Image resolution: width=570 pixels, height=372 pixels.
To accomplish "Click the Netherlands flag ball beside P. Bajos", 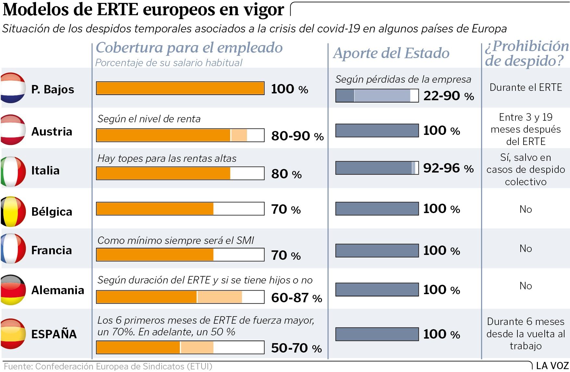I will (x=13, y=88).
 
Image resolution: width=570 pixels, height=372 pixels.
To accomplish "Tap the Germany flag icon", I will (x=13, y=290).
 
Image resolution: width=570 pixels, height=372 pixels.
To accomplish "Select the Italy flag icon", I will (x=13, y=171).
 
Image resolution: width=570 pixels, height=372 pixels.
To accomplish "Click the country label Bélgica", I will (x=52, y=211).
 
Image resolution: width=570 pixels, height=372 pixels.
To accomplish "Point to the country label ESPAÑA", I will (x=54, y=334).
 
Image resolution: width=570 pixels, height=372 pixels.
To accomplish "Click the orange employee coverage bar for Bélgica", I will (x=155, y=209).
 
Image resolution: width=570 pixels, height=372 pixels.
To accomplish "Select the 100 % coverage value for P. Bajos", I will (x=289, y=89).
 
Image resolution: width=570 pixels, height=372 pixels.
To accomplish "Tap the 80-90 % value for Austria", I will (x=297, y=136).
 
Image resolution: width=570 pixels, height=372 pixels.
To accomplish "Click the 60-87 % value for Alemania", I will (x=296, y=298).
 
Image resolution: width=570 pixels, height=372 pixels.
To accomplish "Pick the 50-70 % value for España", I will (x=296, y=348).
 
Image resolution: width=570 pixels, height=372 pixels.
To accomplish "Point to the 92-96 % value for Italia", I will (x=448, y=168).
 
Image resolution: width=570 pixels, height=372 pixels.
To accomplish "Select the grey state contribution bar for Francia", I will (x=377, y=250).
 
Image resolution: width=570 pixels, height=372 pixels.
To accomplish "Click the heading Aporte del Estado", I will (x=391, y=53).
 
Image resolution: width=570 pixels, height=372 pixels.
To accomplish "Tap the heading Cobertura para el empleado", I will (x=189, y=47).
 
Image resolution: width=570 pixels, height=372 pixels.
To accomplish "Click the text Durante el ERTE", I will (x=526, y=88).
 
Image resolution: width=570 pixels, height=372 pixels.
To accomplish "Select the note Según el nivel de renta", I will (x=149, y=119).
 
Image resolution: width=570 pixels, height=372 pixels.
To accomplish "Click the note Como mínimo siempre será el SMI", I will (x=176, y=240).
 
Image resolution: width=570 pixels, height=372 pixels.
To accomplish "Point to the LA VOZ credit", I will (x=552, y=366).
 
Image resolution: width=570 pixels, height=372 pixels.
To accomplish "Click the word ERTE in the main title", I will (x=118, y=9).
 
